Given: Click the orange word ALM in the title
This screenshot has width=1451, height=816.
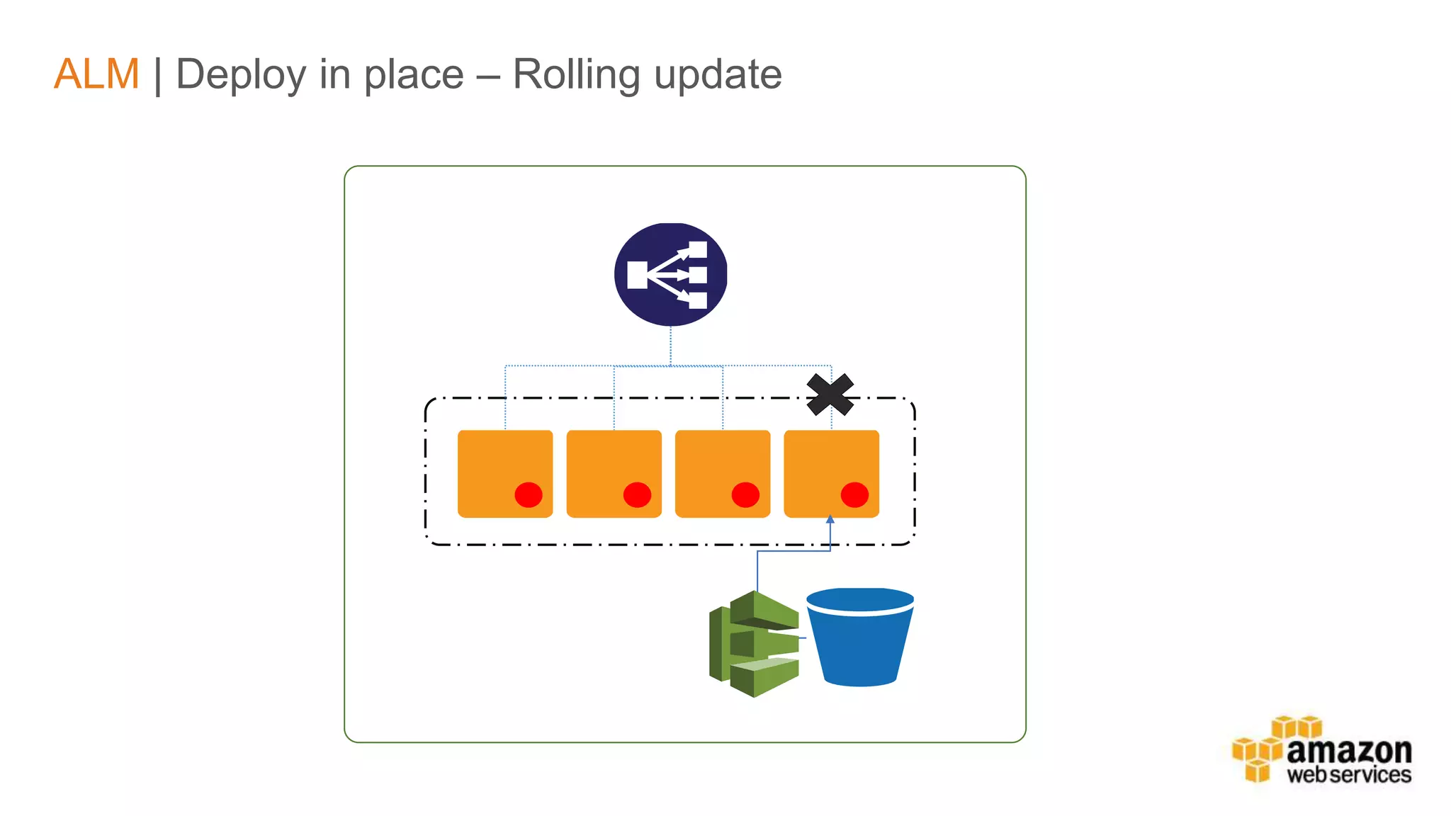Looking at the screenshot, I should pos(96,74).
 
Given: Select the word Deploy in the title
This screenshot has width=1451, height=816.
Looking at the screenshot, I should pos(240,75).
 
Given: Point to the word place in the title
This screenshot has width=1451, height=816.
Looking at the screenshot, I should pos(414,74).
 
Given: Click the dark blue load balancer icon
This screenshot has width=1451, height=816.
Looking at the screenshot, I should pos(670,275).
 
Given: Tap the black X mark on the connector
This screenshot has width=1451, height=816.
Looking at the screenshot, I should pos(830,395).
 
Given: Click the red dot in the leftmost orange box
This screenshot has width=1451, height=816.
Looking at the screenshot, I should pos(529,494).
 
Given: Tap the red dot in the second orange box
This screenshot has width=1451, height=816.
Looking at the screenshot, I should pos(637,494).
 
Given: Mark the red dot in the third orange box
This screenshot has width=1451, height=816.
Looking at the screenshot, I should pos(745,494).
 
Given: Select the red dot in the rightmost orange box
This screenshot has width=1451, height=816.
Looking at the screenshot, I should pos(854,494).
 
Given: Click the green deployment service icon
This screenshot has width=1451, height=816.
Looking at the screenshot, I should pos(754,644).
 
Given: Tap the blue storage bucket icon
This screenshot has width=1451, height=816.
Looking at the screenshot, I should pos(860,637).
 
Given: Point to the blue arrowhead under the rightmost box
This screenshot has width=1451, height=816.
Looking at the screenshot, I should pos(830,520).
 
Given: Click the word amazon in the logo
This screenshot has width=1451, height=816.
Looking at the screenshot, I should pos(1349,751).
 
